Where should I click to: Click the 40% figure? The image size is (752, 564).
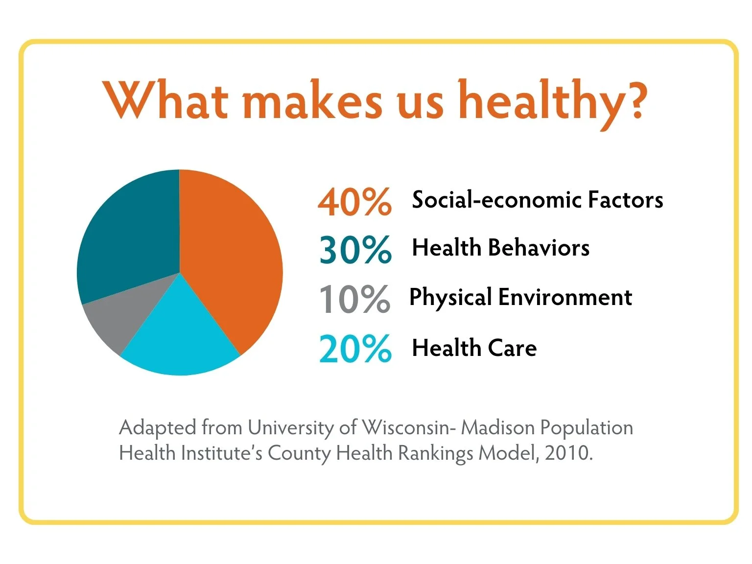pos(354,202)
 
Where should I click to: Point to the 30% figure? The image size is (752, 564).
pos(355,250)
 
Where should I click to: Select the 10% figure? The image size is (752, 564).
pos(354,299)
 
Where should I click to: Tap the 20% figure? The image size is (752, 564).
pos(355,349)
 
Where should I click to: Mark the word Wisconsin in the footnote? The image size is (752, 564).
pos(404,428)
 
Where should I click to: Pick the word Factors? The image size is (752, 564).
pos(625,200)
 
